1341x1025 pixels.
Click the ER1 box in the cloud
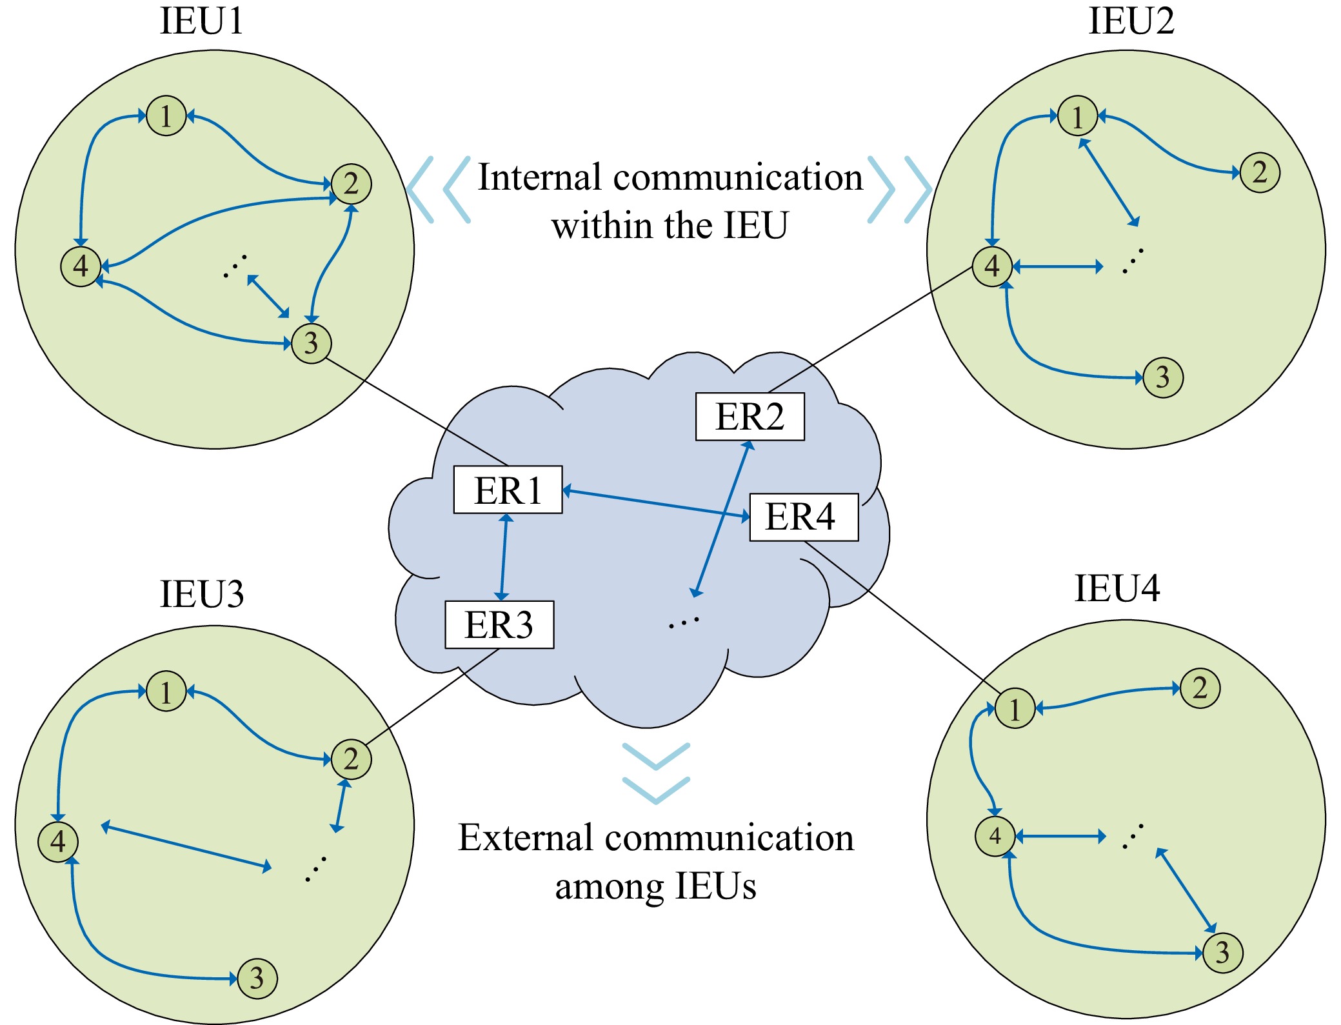[508, 490]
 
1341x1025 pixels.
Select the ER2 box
[750, 417]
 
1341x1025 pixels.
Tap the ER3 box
[499, 624]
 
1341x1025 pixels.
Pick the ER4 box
[803, 517]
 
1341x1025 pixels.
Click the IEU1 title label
[202, 21]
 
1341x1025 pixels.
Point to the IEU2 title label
[1131, 21]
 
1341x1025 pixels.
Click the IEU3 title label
[202, 594]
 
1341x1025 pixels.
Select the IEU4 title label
[1117, 588]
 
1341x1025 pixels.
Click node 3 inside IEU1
[311, 343]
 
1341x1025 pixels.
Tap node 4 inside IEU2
[992, 266]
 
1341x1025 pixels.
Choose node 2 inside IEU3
[351, 759]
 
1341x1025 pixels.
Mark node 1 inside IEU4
[1015, 708]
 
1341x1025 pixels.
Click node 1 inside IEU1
[166, 116]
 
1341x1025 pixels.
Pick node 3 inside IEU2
[1163, 377]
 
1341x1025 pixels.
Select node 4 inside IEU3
[58, 841]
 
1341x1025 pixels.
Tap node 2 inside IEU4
[1200, 688]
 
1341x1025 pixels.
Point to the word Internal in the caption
[539, 177]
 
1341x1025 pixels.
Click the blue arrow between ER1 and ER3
[504, 557]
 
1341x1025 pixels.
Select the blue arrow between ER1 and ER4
[656, 504]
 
